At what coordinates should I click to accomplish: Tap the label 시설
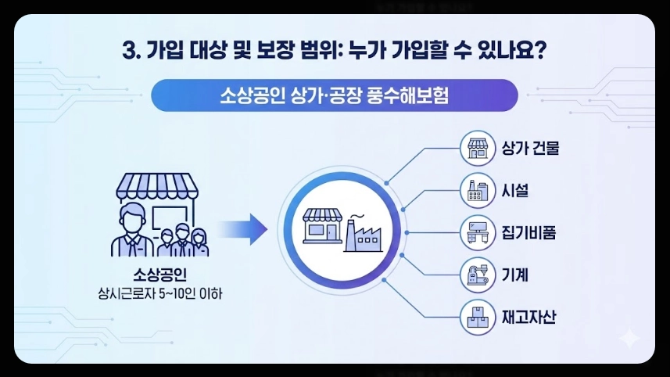(x=514, y=189)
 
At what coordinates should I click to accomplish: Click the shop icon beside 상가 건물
(x=477, y=148)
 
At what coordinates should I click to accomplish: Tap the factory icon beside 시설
(x=477, y=190)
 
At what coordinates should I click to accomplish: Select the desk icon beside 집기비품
(x=477, y=232)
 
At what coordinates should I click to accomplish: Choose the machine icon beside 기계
(x=477, y=275)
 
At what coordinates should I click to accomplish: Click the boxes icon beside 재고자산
(x=477, y=317)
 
